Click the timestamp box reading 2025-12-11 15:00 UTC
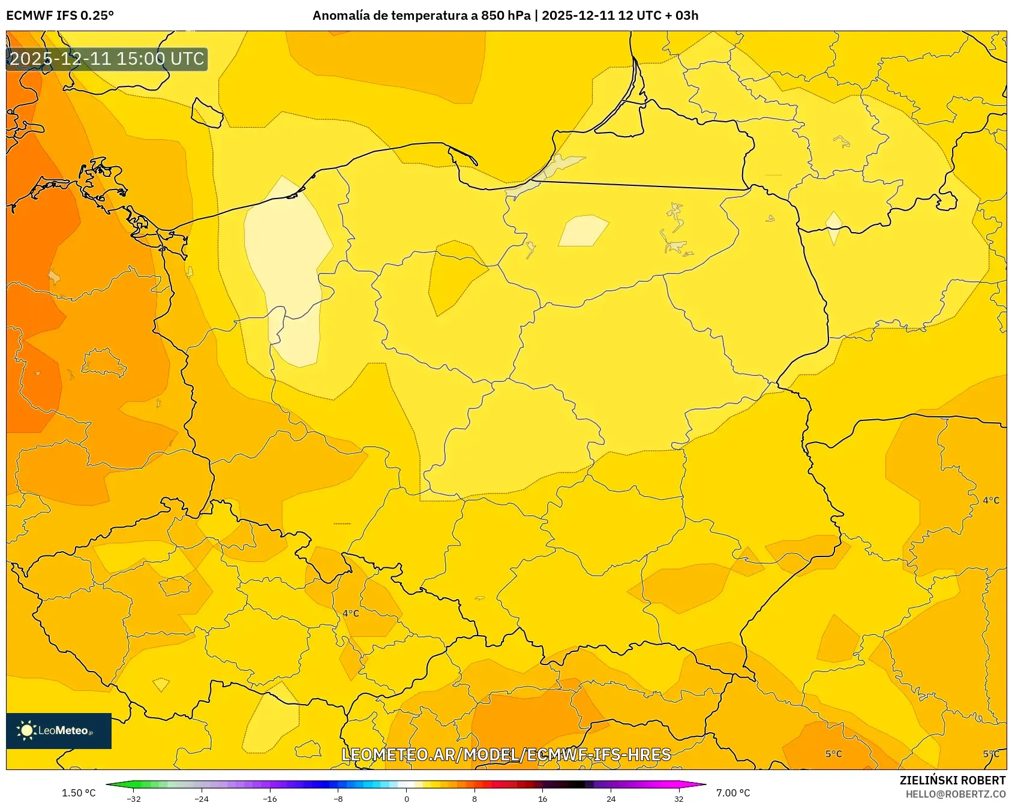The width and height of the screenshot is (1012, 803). tap(107, 59)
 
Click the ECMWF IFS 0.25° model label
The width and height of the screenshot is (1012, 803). tap(60, 16)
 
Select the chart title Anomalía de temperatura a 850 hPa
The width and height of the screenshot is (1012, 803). tap(422, 16)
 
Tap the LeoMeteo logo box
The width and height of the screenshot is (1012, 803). tap(59, 730)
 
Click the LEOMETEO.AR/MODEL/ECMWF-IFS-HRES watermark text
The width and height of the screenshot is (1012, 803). tap(506, 754)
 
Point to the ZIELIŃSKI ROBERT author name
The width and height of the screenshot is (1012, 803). tap(952, 780)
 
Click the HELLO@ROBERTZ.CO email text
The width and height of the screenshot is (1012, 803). tap(955, 794)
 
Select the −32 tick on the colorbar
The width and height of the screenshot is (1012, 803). tap(134, 798)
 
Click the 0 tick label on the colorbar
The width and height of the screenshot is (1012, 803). tap(407, 798)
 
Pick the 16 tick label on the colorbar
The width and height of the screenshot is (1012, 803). tap(542, 798)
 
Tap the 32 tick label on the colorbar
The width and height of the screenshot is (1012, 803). tap(678, 798)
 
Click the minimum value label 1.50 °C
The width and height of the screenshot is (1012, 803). tap(79, 793)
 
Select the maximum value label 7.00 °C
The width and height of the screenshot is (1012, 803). tap(733, 793)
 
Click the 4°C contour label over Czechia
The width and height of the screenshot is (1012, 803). tap(351, 613)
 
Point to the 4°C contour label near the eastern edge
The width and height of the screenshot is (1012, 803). tap(991, 500)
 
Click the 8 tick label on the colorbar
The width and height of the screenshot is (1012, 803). tap(475, 798)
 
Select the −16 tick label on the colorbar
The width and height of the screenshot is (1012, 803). tap(270, 798)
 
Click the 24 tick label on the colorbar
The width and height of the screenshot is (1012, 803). tap(611, 798)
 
